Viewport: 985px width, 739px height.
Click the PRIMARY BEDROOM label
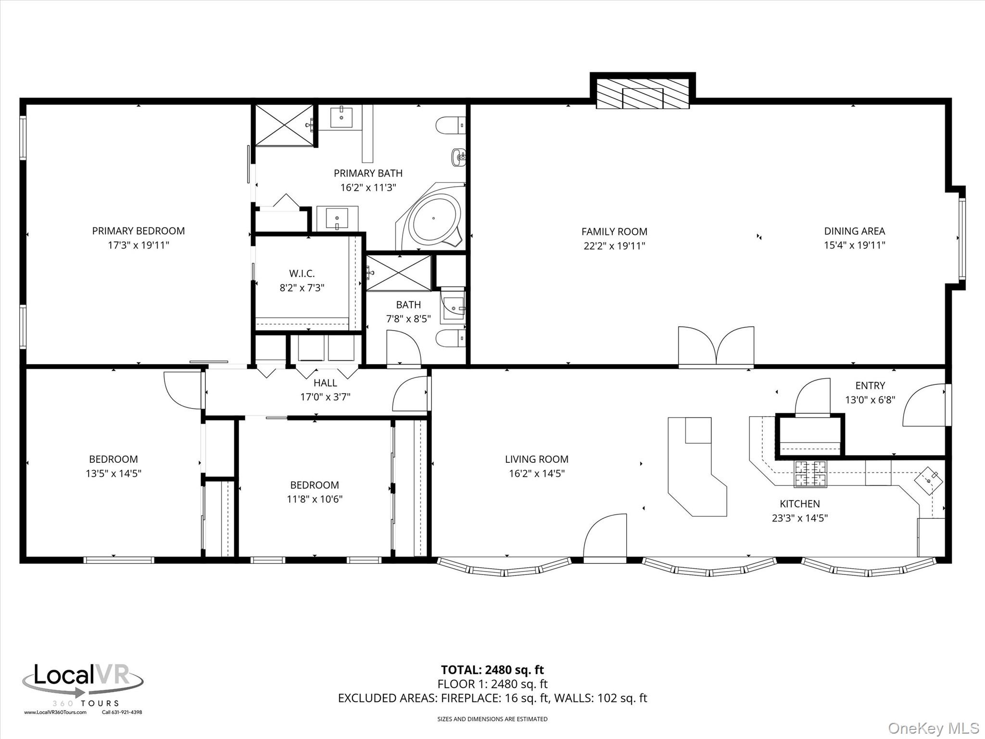[x=139, y=231]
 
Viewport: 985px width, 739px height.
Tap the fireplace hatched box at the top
[x=643, y=98]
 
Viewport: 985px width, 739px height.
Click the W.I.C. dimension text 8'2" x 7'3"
[x=302, y=288]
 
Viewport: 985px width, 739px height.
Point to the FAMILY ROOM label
[x=614, y=231]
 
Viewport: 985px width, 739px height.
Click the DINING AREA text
[x=854, y=231]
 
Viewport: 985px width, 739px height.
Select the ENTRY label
[x=870, y=385]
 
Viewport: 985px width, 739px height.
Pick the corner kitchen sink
[x=928, y=480]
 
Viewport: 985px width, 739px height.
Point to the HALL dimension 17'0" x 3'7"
[x=325, y=397]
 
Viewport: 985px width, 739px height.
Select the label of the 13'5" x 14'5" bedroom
[x=114, y=459]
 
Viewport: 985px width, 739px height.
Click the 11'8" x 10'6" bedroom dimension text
[x=315, y=499]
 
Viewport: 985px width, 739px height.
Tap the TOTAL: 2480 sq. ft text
[x=492, y=670]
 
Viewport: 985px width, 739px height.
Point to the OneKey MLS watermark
[x=933, y=728]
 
